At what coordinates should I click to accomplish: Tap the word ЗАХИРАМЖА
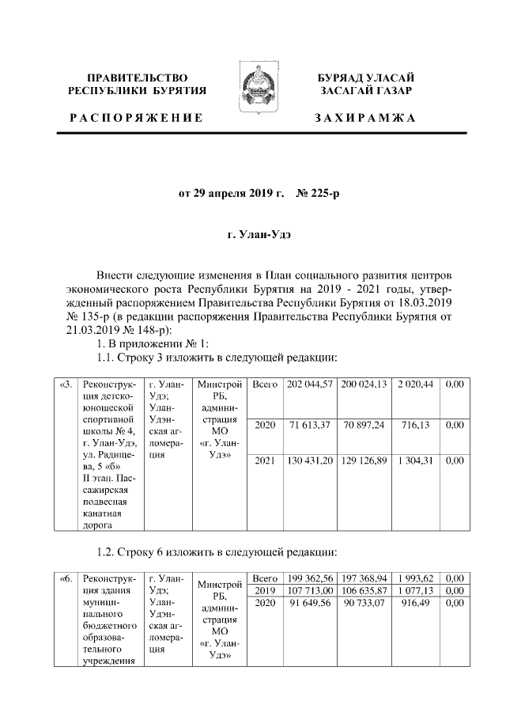click(364, 118)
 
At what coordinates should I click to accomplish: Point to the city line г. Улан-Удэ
click(252, 235)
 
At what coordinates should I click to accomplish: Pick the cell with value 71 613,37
click(309, 425)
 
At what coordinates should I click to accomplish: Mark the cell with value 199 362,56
click(309, 578)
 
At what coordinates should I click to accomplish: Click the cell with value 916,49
click(416, 603)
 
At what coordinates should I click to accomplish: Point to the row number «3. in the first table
click(66, 385)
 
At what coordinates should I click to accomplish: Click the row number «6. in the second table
click(66, 578)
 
